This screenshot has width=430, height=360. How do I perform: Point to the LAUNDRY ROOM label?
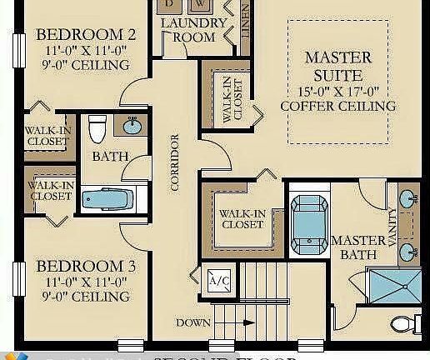coord(192,30)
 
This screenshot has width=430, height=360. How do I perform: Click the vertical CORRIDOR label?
coord(175,163)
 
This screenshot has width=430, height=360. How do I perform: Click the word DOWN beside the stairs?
coord(192,322)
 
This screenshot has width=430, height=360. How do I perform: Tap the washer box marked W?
coord(200,4)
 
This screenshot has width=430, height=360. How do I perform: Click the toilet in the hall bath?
coord(97,129)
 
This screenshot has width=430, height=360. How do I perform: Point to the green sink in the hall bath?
coord(132,127)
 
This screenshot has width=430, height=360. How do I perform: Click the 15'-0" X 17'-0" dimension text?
coord(337,90)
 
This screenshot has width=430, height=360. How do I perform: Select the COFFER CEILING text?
coord(337,107)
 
